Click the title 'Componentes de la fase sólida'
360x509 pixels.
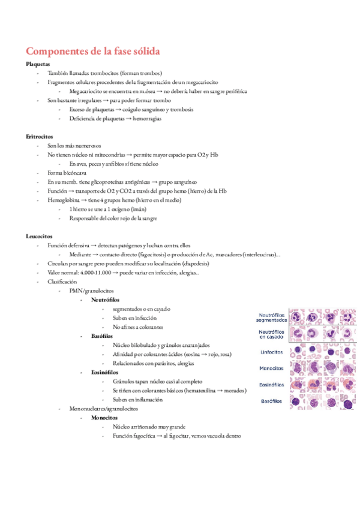93,52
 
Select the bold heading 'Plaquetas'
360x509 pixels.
38,64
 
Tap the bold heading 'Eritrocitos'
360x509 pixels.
40,137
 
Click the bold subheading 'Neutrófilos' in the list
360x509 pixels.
105,300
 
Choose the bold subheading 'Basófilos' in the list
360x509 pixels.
102,336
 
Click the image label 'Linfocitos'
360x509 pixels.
272,352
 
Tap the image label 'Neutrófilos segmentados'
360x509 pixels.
272,318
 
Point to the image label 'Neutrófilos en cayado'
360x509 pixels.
272,335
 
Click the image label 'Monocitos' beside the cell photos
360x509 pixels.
272,369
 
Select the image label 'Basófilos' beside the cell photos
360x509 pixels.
272,401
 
